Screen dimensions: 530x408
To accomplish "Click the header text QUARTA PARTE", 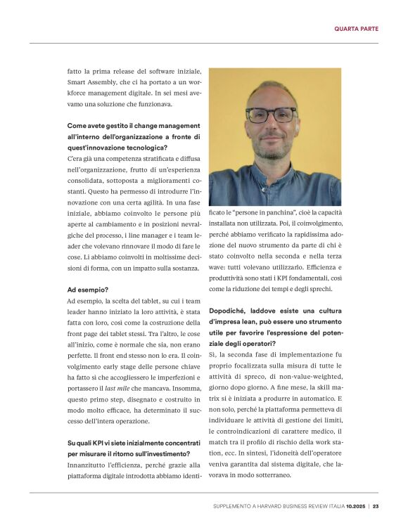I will pyautogui.click(x=356, y=29).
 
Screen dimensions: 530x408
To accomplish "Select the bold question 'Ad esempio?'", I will pyautogui.click(x=87, y=289).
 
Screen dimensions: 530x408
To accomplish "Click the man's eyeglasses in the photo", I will pyautogui.click(x=272, y=115).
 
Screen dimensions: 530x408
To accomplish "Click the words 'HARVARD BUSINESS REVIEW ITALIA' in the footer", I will pyautogui.click(x=300, y=507).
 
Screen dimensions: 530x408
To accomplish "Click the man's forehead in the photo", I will pyautogui.click(x=272, y=91).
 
